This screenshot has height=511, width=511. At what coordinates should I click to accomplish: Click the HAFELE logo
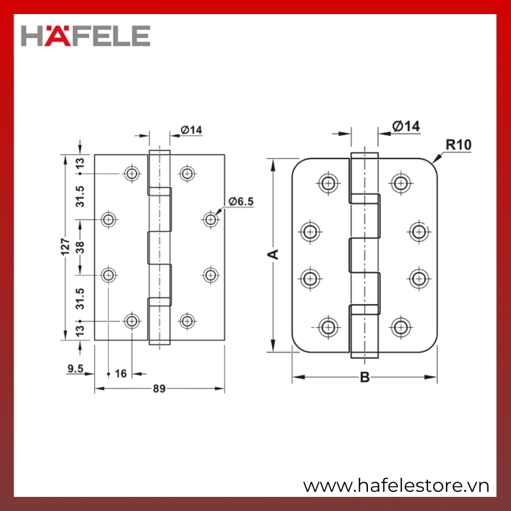click(x=86, y=36)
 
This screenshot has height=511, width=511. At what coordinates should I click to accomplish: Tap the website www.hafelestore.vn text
click(x=396, y=486)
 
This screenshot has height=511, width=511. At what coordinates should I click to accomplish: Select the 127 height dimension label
click(x=66, y=247)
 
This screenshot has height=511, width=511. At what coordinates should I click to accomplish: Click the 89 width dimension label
click(x=159, y=388)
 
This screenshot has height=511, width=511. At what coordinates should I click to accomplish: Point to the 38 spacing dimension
click(x=80, y=247)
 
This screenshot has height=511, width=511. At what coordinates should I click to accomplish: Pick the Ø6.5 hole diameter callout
click(x=241, y=201)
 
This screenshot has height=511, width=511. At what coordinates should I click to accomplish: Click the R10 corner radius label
click(x=459, y=145)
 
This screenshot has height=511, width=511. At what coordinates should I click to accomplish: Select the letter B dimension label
click(x=365, y=378)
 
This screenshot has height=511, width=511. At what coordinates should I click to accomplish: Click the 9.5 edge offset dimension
click(x=75, y=369)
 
